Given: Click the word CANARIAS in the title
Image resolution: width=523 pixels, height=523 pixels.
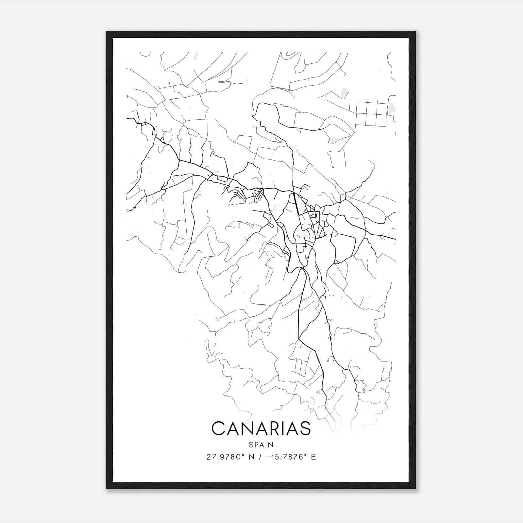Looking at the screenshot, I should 261,429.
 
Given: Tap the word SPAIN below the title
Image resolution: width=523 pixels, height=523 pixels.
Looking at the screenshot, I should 261,445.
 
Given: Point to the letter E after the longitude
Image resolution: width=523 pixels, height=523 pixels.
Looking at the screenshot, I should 313,457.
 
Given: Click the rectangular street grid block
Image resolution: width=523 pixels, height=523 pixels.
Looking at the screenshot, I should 371,113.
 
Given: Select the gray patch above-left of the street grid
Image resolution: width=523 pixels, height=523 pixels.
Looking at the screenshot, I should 344,93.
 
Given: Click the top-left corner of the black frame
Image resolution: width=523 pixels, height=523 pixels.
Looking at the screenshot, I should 107,32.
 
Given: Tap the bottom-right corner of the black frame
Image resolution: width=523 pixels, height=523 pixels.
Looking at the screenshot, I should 415,488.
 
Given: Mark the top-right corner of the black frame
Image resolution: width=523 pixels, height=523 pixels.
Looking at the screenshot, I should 415,32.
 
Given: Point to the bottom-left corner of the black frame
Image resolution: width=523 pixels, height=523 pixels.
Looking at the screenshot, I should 107,488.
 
